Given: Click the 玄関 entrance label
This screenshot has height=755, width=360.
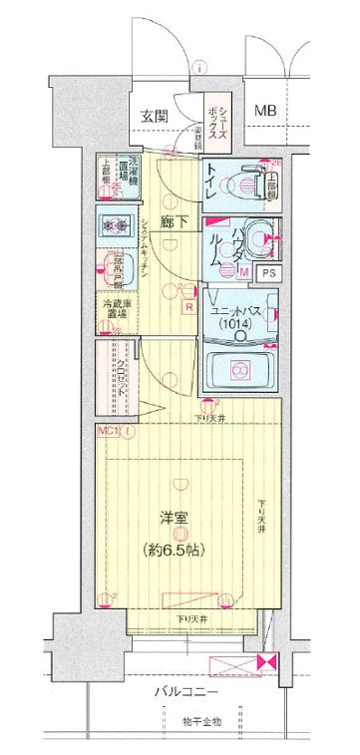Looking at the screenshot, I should coord(155,116).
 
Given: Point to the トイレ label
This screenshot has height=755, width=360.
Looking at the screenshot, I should coord(214,182).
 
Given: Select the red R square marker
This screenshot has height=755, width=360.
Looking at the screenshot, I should coord(188,306).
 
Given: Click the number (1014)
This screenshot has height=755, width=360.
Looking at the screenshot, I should coord(237,324).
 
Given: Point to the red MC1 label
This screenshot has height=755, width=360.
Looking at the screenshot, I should coord(109,431).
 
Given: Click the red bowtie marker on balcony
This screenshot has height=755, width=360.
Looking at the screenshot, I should coord(264,662).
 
